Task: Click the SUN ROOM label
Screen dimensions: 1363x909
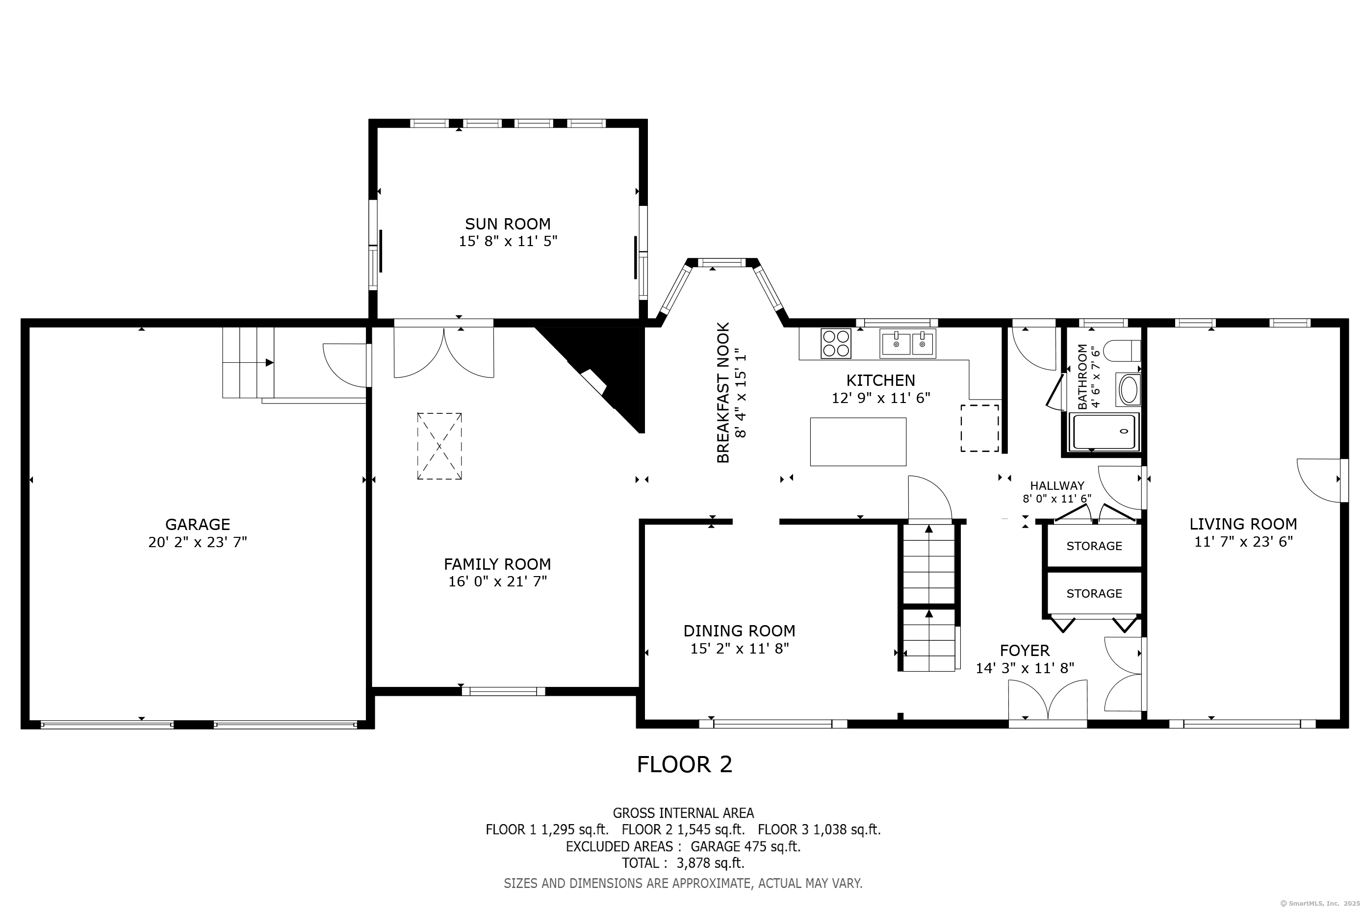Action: [507, 224]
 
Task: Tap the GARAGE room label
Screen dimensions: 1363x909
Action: [198, 525]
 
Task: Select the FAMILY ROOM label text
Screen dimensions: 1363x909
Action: [497, 564]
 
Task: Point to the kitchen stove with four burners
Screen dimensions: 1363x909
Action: [836, 343]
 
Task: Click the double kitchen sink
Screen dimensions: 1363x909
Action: [907, 343]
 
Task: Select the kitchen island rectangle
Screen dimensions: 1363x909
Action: [858, 442]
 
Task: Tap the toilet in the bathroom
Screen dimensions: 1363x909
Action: [1122, 351]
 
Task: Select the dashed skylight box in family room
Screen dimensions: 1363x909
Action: [439, 446]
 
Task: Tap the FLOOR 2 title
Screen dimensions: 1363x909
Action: [685, 765]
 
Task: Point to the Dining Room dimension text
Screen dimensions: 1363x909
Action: [739, 649]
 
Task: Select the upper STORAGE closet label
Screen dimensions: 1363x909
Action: [1094, 546]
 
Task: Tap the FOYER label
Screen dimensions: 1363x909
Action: [1025, 651]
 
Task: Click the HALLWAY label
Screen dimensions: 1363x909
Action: [1057, 486]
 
